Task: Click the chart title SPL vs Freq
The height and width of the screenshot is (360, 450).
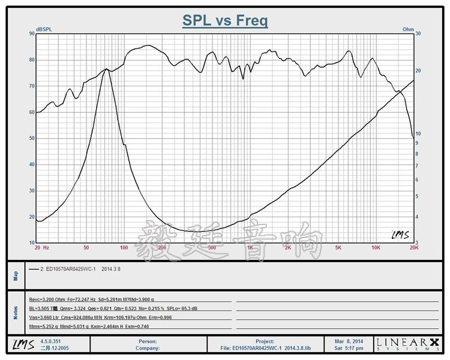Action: pos(225,20)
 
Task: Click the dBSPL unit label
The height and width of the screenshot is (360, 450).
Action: pos(44,29)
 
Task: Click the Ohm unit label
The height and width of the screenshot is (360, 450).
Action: pos(408,29)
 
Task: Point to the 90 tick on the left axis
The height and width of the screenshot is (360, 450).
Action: pos(31,34)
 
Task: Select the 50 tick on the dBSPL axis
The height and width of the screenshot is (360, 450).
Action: pos(31,138)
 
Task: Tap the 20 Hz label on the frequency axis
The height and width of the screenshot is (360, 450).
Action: pos(42,247)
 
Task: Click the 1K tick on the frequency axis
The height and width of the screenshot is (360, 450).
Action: pos(250,247)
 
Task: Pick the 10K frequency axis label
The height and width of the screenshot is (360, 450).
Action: pos(376,247)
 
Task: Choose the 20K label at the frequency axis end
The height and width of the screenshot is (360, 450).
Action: pos(413,247)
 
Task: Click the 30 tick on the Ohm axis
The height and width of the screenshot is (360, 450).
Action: pos(419,34)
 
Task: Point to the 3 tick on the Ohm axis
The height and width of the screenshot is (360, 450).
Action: pos(418,242)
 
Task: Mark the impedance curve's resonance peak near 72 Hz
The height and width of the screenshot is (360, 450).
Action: pos(106,70)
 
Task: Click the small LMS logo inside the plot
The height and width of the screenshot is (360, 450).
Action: pos(400,235)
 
